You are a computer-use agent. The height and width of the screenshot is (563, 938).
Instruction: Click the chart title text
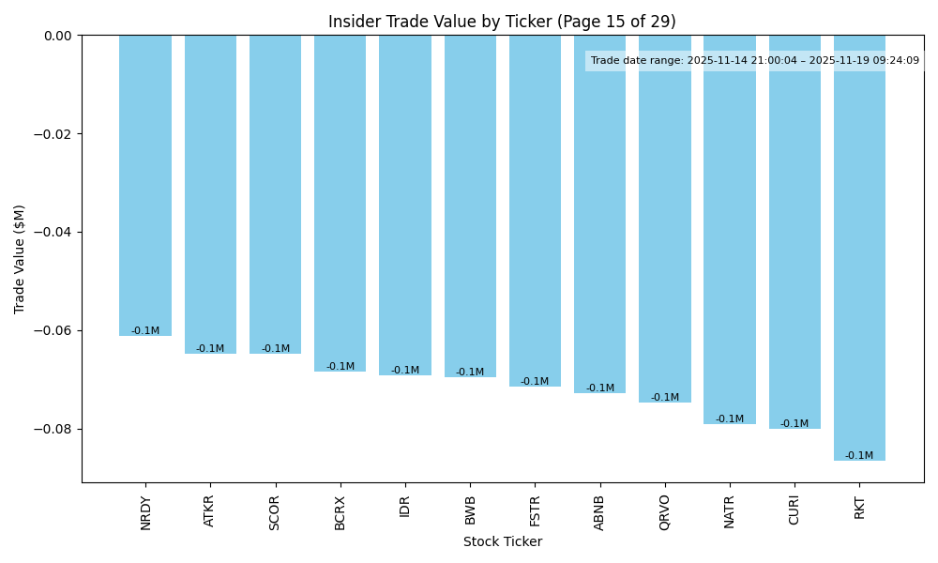tap(502, 22)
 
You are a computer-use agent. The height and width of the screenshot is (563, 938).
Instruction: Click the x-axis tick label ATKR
tap(210, 510)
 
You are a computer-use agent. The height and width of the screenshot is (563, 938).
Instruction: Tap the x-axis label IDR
tap(405, 507)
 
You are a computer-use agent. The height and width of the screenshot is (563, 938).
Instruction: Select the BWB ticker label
tap(470, 510)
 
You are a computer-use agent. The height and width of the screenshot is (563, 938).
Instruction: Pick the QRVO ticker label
tap(665, 512)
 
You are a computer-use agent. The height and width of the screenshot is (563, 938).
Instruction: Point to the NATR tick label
tap(730, 511)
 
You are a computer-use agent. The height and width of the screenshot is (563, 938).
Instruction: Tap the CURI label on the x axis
tap(794, 510)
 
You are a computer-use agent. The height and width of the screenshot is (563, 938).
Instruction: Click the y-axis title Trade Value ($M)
tap(20, 259)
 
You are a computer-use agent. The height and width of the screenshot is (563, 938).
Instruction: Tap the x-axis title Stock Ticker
tap(502, 541)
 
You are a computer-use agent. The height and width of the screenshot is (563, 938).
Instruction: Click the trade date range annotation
tap(754, 61)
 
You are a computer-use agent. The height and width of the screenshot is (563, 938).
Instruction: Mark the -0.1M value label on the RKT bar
tap(859, 456)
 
